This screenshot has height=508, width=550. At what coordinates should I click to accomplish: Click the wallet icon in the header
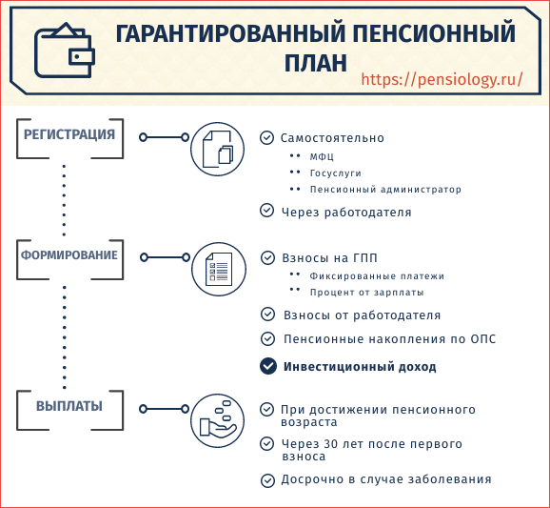tap(65, 51)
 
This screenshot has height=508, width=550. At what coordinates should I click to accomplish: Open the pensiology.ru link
tap(442, 79)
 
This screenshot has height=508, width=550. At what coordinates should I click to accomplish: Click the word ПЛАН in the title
tap(315, 63)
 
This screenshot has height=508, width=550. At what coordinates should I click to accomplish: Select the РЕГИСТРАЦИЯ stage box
tap(69, 138)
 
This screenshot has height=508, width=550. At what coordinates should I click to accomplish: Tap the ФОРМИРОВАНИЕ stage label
tap(69, 255)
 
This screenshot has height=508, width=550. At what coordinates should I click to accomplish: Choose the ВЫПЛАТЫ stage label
tap(69, 406)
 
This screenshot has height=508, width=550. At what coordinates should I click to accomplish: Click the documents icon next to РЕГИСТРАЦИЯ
tap(218, 149)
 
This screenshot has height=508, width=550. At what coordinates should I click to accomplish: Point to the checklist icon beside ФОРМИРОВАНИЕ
tap(219, 269)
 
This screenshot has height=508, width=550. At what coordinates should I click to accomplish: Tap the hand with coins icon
tap(218, 420)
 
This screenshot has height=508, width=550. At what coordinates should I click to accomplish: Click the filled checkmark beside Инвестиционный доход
tap(268, 366)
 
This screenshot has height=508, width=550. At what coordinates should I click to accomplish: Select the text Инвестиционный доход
tap(360, 367)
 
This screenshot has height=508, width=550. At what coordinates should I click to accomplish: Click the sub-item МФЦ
tap(322, 156)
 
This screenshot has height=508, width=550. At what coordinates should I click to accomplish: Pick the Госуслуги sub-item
tap(335, 173)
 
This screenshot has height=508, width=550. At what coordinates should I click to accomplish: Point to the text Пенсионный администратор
tap(385, 190)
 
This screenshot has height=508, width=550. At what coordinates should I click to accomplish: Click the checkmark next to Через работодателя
tap(267, 210)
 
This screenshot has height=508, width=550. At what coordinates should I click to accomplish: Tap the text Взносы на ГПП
tap(330, 258)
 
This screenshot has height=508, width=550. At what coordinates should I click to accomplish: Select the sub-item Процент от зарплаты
tap(367, 293)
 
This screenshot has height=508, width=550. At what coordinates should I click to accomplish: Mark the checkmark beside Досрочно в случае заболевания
tap(267, 480)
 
